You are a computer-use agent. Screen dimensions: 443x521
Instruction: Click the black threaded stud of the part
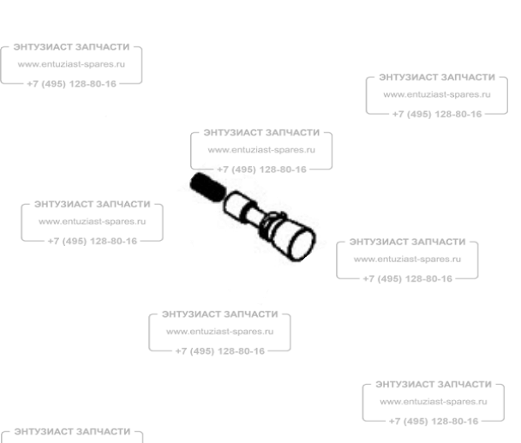(202, 186)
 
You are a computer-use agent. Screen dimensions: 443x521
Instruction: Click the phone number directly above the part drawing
(262, 169)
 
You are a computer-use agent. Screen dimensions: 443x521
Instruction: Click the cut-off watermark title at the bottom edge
(73, 430)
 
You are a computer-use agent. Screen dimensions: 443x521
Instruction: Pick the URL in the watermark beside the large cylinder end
(408, 259)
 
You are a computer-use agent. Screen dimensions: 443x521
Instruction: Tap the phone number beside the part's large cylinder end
(408, 278)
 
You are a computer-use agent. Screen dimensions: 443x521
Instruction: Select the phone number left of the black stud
(93, 241)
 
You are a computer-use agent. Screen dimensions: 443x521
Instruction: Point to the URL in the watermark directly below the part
(219, 332)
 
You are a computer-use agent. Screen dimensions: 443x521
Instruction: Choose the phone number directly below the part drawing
(219, 350)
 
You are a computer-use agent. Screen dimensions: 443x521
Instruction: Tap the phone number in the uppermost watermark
(72, 84)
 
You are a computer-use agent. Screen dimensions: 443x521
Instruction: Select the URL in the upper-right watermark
(437, 94)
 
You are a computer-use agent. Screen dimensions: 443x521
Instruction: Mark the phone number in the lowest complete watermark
(434, 421)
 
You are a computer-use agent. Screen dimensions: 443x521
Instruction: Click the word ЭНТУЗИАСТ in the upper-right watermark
(407, 76)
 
